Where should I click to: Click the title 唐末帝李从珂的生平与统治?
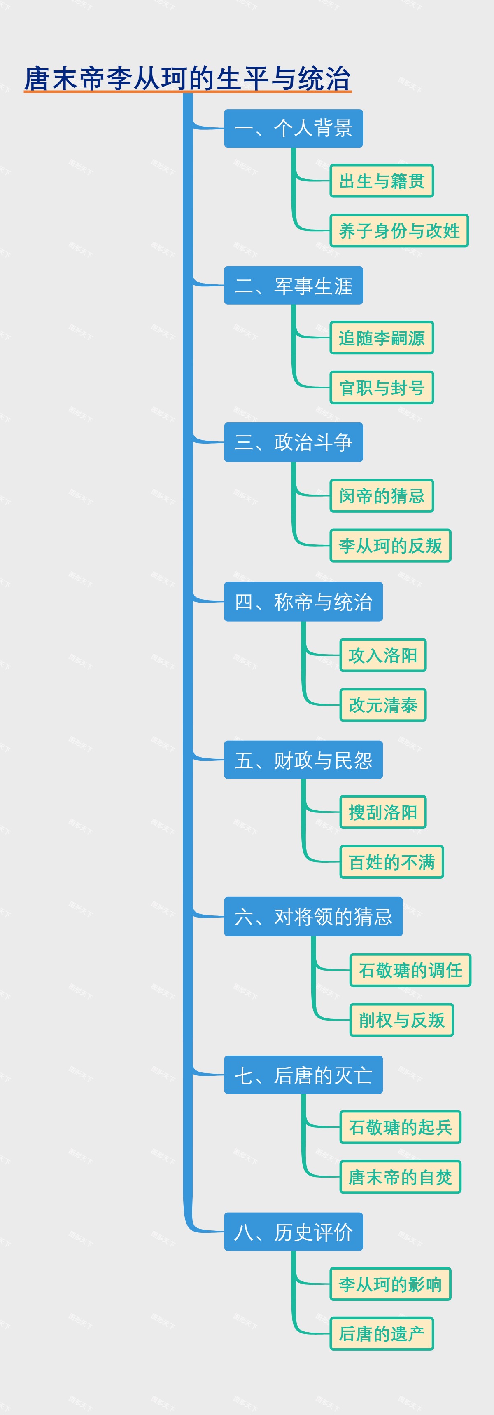pyautogui.click(x=187, y=79)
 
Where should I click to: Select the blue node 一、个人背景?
pyautogui.click(x=293, y=129)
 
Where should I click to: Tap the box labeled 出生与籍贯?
pyautogui.click(x=382, y=181)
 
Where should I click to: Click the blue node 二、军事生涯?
pyautogui.click(x=293, y=286)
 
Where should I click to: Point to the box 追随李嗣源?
pyautogui.click(x=382, y=338)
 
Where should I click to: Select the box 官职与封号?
pyautogui.click(x=382, y=388)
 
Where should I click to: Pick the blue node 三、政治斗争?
pyautogui.click(x=293, y=442)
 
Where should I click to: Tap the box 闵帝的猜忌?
pyautogui.click(x=382, y=496)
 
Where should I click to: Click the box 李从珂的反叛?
pyautogui.click(x=390, y=545)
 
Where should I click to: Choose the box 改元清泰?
pyautogui.click(x=383, y=705)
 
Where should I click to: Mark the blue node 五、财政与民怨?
pyautogui.click(x=303, y=760)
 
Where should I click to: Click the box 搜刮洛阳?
pyautogui.click(x=383, y=812)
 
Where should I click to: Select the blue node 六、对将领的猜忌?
pyautogui.click(x=313, y=917)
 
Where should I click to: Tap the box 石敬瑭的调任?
pyautogui.click(x=410, y=970)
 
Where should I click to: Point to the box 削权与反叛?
pyautogui.click(x=402, y=1020)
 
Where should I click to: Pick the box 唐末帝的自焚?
pyautogui.click(x=400, y=1177)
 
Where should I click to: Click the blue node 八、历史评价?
pyautogui.click(x=293, y=1232)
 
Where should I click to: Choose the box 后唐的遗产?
pyautogui.click(x=382, y=1334)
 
